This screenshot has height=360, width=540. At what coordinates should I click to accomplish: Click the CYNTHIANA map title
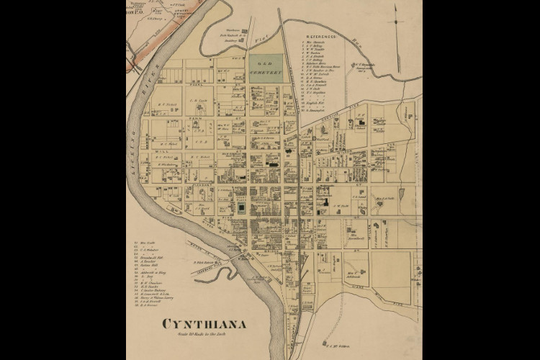[x=204, y=324]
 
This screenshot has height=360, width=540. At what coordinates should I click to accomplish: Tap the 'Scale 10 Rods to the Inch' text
[x=204, y=335]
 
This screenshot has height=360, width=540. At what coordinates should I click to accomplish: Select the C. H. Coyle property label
[x=199, y=100]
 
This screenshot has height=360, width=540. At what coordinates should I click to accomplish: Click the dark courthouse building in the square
[x=241, y=207]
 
